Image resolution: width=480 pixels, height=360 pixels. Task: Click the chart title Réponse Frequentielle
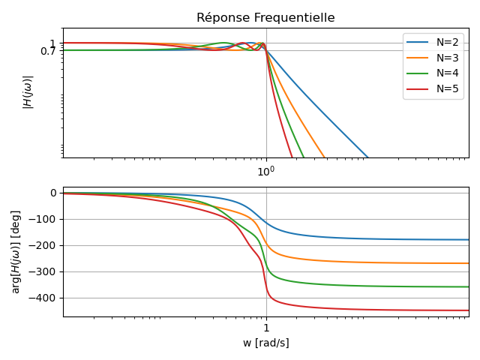coord(265,18)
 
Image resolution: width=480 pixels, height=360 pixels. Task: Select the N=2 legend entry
coord(449,42)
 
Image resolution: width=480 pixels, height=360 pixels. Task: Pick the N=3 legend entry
coord(449,58)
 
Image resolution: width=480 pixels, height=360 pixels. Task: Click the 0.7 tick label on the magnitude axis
coord(49,51)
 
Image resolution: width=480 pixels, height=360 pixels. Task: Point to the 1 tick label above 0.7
coord(53,43)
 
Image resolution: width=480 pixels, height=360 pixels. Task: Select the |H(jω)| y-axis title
coord(28,92)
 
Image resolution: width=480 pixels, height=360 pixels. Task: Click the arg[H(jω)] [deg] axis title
coord(16,251)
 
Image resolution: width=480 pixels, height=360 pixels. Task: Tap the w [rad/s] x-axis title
coord(265,343)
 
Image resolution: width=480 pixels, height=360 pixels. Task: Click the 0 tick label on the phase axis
coord(53,193)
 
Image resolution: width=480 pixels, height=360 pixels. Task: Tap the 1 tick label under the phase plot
coord(266,328)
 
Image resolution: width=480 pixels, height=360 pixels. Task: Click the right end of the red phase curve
coord(469,310)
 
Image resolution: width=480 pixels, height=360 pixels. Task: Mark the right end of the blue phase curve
coord(469,240)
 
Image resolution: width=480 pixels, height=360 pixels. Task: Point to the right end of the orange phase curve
coord(469,263)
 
